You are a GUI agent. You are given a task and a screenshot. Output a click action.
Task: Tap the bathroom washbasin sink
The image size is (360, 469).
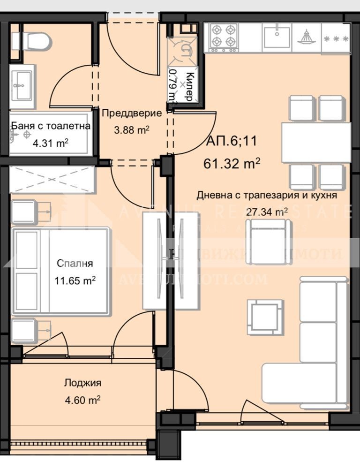pyautogui.click(x=20, y=83)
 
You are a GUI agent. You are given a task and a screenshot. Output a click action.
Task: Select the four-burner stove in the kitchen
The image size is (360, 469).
pyautogui.click(x=224, y=37)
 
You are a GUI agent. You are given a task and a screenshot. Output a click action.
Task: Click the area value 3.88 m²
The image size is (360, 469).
pyautogui.click(x=131, y=129)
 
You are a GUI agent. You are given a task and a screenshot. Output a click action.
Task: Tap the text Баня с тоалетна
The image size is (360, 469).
pyautogui.click(x=51, y=126)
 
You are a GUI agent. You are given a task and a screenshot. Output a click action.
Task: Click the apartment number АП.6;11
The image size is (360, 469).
pyautogui.click(x=232, y=142)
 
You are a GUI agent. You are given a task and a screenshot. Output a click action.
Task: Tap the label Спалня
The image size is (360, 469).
pyautogui.click(x=75, y=263)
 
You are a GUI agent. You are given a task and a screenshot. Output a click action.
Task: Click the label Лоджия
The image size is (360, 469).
pyautogui.click(x=82, y=383)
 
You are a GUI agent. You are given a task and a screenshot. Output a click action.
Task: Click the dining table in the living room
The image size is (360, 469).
pyautogui.click(x=316, y=143)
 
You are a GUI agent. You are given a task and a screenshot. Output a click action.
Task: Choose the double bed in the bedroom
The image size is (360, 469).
pyautogui.click(x=61, y=271)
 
